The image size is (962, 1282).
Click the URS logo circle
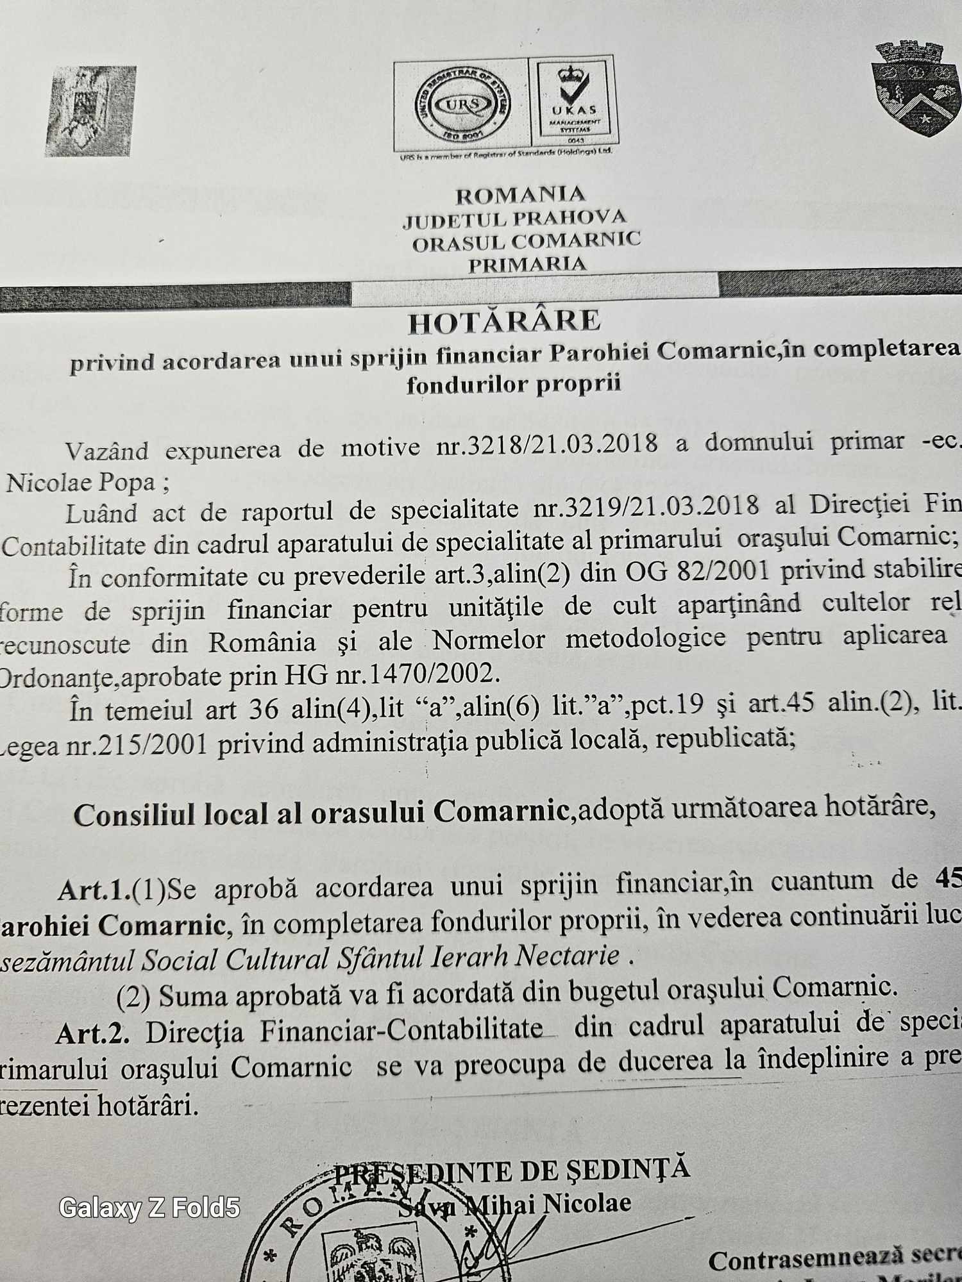460,104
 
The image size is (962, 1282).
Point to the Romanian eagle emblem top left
91,110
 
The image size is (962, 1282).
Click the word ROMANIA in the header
520,194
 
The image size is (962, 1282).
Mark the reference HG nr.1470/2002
391,674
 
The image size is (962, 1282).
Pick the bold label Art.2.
92,1032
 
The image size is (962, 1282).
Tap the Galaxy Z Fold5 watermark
149,1208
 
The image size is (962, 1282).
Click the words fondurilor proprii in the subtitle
514,384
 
